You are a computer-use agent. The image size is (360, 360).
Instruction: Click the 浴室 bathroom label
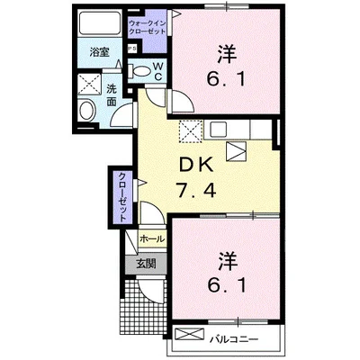tap(98, 53)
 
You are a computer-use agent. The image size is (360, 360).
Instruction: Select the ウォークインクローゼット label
tap(147, 24)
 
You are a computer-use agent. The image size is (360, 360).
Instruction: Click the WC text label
tap(156, 71)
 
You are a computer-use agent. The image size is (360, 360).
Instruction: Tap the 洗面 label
tap(112, 96)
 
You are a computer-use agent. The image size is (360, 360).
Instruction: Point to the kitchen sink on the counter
tap(236, 151)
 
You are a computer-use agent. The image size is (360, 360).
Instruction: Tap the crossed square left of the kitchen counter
tap(190, 132)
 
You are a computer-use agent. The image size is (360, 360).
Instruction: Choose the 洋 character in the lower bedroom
tap(225, 261)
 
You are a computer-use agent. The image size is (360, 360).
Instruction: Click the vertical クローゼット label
tap(121, 196)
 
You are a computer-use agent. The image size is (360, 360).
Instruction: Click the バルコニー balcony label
tap(236, 339)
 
